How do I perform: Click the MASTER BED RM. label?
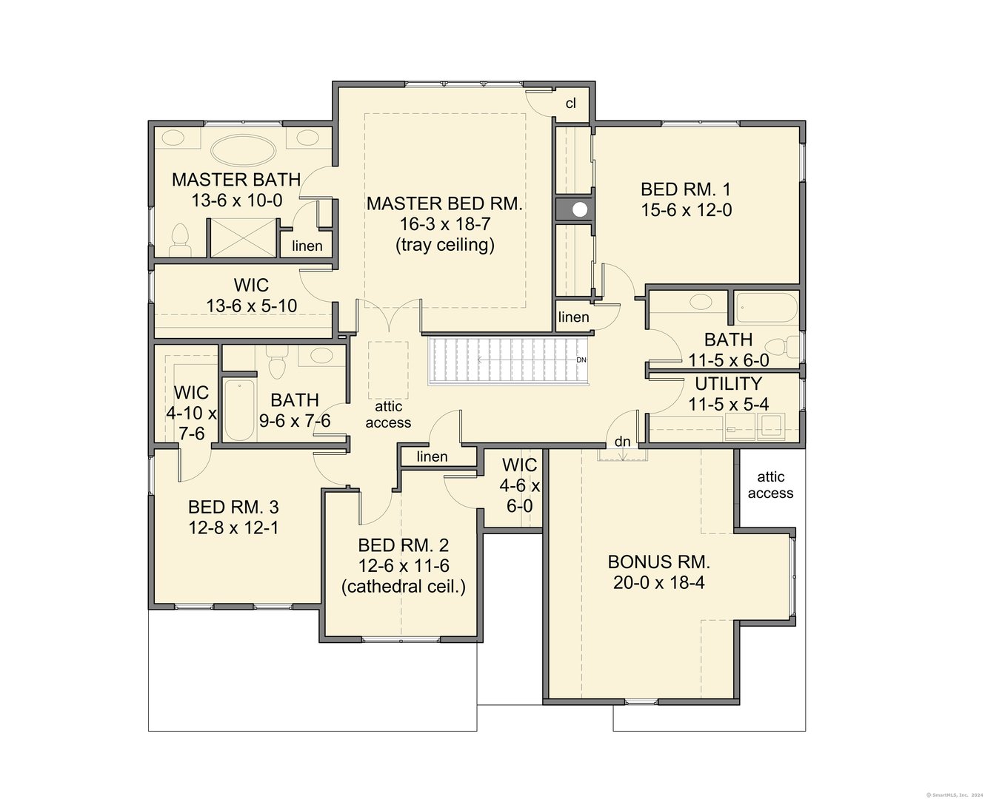point(444,203)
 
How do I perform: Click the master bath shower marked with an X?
point(243,238)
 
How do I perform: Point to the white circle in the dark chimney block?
point(580,209)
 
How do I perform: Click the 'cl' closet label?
point(571,104)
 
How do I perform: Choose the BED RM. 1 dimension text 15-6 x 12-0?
point(687,211)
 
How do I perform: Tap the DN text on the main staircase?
point(581,360)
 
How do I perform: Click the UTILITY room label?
point(728,383)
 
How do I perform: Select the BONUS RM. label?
point(658,562)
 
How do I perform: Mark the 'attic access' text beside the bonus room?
point(770,485)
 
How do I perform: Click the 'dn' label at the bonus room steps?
point(622,442)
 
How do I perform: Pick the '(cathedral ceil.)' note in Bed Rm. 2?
point(403,587)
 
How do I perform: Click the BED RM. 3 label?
point(233,507)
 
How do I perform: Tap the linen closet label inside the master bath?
point(307,246)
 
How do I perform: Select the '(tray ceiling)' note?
point(445,245)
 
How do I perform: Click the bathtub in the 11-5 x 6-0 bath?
point(767,308)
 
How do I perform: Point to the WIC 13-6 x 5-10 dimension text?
point(252,306)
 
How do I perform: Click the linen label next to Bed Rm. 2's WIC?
point(432,456)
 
